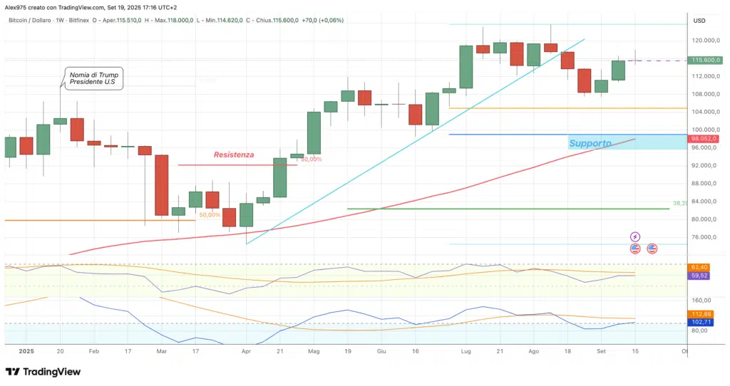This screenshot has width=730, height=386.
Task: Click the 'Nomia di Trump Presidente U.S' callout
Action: click(94, 78)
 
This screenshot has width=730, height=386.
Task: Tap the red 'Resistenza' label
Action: click(234, 154)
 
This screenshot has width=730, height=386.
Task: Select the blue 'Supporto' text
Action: click(590, 143)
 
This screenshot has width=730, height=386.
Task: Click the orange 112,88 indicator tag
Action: click(700, 314)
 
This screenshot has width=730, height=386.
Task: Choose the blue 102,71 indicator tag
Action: click(700, 323)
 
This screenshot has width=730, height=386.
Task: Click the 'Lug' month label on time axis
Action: click(466, 351)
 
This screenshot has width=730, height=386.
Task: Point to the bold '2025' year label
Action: click(26, 351)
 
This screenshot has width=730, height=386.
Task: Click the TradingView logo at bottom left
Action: click(43, 372)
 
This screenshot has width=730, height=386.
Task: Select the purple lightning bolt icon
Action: click(635, 236)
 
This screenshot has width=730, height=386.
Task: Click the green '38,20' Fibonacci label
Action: click(680, 203)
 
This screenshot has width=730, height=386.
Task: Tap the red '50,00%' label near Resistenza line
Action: click(311, 160)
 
